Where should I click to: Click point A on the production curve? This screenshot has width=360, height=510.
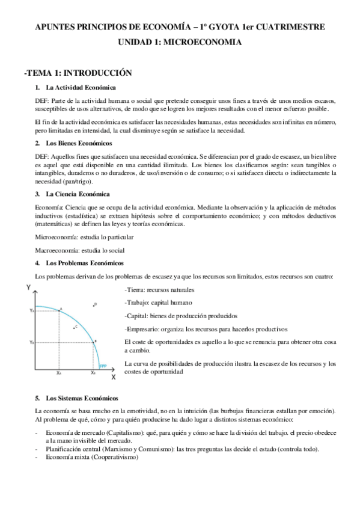click(x=60, y=309)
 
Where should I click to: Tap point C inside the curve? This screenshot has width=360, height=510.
click(x=73, y=327)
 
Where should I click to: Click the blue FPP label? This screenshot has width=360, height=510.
click(x=103, y=365)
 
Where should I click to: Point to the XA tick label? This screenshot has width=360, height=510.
click(x=59, y=373)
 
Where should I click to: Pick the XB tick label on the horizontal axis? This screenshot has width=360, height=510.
click(x=93, y=373)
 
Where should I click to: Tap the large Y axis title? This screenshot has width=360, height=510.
click(x=28, y=288)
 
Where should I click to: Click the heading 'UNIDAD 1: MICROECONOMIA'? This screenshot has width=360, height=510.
click(x=180, y=43)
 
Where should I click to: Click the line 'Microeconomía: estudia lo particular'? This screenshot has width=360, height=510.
click(x=84, y=237)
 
